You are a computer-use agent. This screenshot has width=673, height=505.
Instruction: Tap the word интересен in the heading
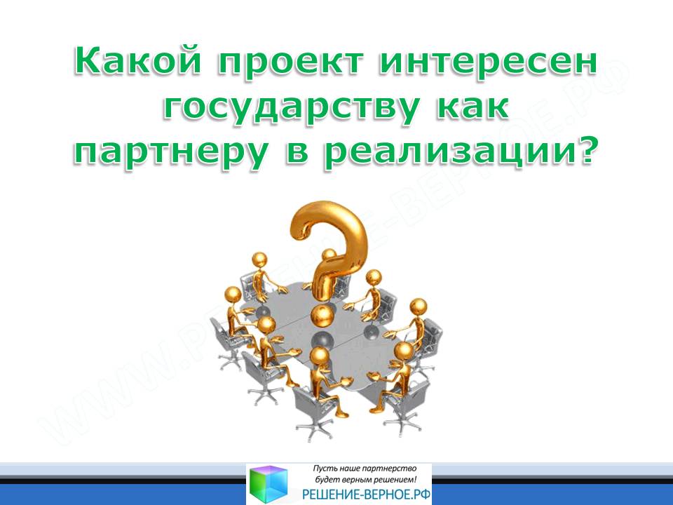point(488,61)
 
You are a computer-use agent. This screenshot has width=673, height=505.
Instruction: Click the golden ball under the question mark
point(322,316)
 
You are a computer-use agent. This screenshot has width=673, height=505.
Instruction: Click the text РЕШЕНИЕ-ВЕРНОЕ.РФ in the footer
point(366,494)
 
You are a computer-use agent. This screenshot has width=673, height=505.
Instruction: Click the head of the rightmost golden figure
point(418,308)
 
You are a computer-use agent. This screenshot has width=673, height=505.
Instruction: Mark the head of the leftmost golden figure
point(233,296)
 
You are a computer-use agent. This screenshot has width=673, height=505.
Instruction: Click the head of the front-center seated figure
point(319,356)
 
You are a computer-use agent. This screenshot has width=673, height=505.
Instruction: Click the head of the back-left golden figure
point(259,260)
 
